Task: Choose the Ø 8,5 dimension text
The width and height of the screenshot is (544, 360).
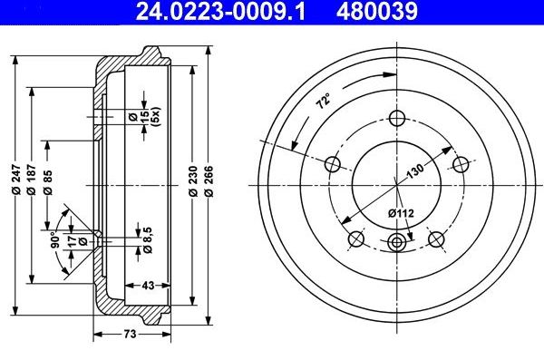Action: tap(136, 238)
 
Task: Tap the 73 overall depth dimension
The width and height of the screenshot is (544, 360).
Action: tap(130, 335)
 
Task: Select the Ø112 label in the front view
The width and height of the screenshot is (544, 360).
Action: tap(400, 213)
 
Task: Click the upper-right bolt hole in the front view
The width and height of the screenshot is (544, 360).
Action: tap(461, 164)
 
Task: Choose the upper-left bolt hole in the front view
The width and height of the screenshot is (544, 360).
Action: tap(332, 164)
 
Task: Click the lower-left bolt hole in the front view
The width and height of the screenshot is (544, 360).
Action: tap(356, 239)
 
